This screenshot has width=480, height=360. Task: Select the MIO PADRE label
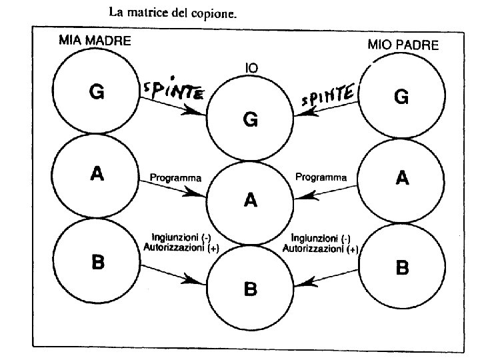pyautogui.click(x=403, y=45)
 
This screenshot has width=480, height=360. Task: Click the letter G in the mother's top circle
pyautogui.click(x=96, y=94)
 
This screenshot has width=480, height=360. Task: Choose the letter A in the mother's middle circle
pyautogui.click(x=97, y=175)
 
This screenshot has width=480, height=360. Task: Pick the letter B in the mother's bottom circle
pyautogui.click(x=97, y=263)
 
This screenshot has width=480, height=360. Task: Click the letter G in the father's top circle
pyautogui.click(x=401, y=97)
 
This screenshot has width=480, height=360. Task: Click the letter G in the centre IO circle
pyautogui.click(x=251, y=120)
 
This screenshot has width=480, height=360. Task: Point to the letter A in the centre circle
pyautogui.click(x=251, y=199)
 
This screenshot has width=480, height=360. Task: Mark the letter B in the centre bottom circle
pyautogui.click(x=251, y=289)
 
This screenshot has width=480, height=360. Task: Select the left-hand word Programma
pyautogui.click(x=175, y=178)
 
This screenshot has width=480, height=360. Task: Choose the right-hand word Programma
pyautogui.click(x=321, y=178)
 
